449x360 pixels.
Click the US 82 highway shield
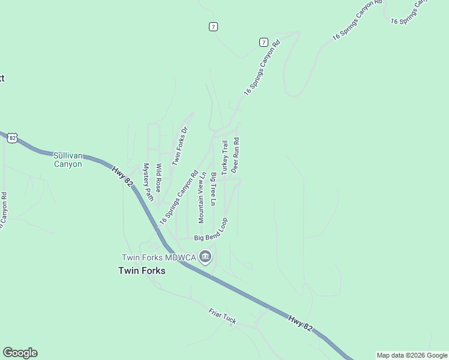click(13, 138)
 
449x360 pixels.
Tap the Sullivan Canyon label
click(68, 159)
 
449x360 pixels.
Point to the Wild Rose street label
click(159, 178)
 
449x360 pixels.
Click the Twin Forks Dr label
click(180, 146)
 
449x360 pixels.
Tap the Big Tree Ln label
click(213, 189)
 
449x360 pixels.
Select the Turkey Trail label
click(225, 157)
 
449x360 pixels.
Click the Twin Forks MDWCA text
click(158, 257)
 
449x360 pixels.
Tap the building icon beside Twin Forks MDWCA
click(205, 257)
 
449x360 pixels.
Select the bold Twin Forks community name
click(141, 271)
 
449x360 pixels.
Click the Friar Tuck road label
click(223, 317)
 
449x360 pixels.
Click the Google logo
click(20, 353)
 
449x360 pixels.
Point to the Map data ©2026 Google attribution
click(412, 355)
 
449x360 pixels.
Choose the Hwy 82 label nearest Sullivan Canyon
click(121, 178)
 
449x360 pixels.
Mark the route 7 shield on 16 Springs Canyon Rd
click(263, 42)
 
